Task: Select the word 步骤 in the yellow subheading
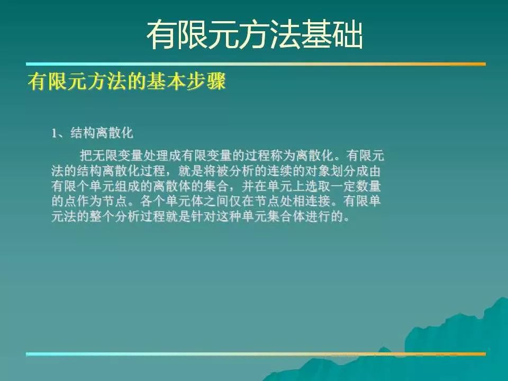206,81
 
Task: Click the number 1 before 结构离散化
54,133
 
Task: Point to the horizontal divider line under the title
256,64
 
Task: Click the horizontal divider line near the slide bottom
256,354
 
